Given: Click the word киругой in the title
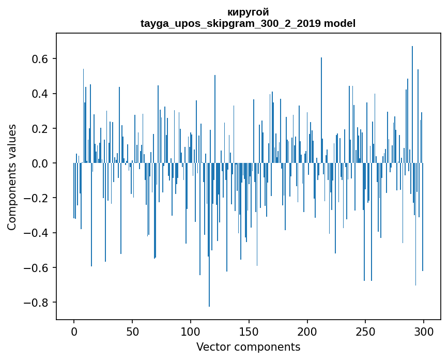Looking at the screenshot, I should pyautogui.click(x=248, y=12).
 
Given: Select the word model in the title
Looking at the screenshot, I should pyautogui.click(x=340, y=23).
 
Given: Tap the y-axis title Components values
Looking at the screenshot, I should pyautogui.click(x=12, y=177).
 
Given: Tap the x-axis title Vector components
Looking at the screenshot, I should pyautogui.click(x=248, y=347).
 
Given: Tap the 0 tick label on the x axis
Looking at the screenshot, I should pyautogui.click(x=74, y=331).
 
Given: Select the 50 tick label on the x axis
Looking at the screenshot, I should pyautogui.click(x=132, y=331).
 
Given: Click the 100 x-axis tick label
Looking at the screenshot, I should pyautogui.click(x=191, y=331).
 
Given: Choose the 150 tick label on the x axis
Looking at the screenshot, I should pyautogui.click(x=249, y=331).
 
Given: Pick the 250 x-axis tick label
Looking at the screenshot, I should pyautogui.click(x=365, y=331).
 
